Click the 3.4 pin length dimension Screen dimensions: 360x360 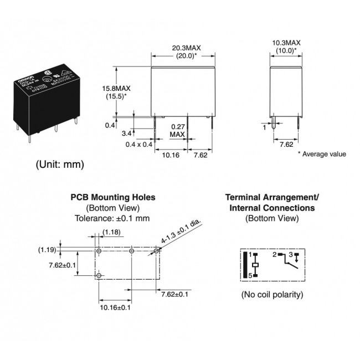point(126,133)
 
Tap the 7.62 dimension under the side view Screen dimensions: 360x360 point(286,145)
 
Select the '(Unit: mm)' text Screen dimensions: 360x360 point(60,164)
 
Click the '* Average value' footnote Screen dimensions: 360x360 point(322,154)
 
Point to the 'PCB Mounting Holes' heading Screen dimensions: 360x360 point(112,197)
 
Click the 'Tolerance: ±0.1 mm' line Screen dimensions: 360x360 point(112,218)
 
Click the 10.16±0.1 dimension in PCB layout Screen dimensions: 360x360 point(115,307)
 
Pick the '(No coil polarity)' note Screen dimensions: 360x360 point(272,294)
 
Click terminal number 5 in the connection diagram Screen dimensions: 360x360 point(250,275)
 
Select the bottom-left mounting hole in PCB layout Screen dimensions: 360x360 point(99,275)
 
